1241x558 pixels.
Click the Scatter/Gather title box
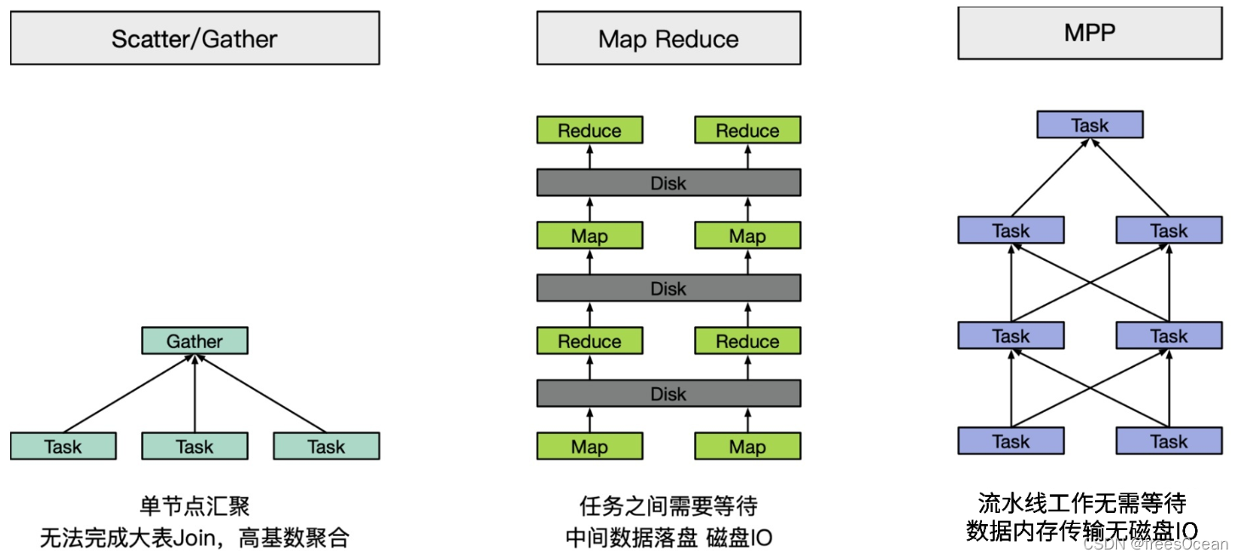[x=195, y=38]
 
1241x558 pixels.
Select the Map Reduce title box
[x=668, y=38]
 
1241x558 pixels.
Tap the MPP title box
[x=1090, y=33]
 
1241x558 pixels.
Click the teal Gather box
[x=195, y=341]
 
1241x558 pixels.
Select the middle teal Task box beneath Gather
[x=195, y=447]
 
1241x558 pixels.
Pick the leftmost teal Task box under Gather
[x=64, y=447]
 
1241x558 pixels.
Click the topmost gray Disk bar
[x=668, y=183]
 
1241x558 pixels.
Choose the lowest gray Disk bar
[x=668, y=394]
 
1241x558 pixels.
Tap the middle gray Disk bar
[x=668, y=289]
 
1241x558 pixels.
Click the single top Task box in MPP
[x=1090, y=126]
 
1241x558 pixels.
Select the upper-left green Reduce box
[x=589, y=131]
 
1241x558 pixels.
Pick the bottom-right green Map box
[x=747, y=447]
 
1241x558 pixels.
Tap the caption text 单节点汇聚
[x=195, y=507]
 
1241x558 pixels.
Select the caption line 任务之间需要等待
[x=668, y=507]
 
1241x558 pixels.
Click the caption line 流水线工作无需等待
[x=1082, y=503]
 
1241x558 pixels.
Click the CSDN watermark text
[x=1156, y=544]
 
